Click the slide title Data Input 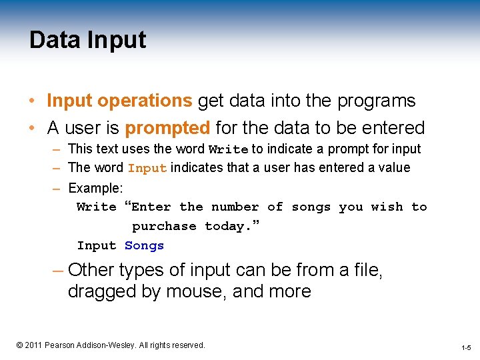[87, 41]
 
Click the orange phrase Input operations [119, 101]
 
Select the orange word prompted [167, 127]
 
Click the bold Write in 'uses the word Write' [228, 149]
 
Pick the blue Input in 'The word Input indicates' [147, 168]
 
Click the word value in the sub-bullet [394, 167]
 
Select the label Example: [95, 188]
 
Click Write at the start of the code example [97, 207]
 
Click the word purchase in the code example [164, 227]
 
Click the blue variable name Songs [144, 246]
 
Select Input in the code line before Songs [97, 246]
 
